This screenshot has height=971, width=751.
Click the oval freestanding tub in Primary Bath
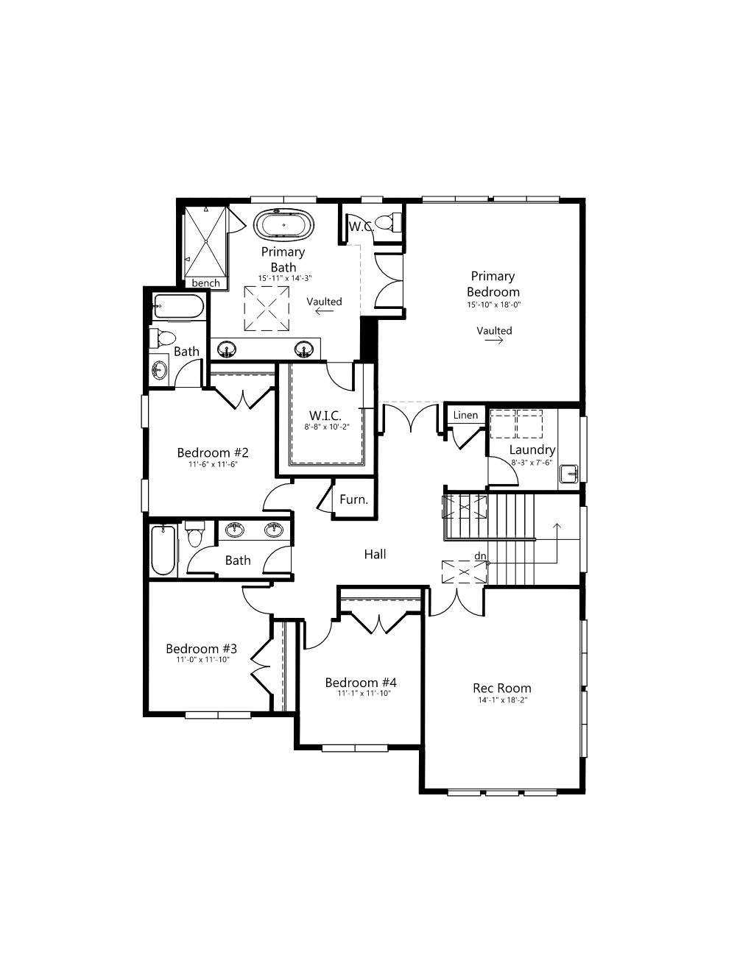click(x=283, y=224)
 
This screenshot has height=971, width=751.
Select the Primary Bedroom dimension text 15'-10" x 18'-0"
click(x=494, y=305)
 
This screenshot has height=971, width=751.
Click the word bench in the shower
click(x=205, y=283)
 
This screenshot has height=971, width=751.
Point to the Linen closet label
click(x=465, y=415)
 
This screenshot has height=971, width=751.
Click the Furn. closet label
click(x=354, y=499)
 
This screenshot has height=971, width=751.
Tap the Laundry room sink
click(x=569, y=472)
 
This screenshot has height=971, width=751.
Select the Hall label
click(x=375, y=554)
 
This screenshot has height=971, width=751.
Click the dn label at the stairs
click(x=480, y=555)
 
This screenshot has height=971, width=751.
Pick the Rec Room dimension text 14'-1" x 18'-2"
click(x=503, y=700)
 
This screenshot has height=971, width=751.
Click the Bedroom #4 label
click(x=361, y=683)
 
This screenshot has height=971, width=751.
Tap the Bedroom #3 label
click(x=201, y=648)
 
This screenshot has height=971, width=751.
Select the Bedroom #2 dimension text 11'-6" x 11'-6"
click(x=213, y=464)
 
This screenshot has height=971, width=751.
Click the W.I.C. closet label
click(x=325, y=416)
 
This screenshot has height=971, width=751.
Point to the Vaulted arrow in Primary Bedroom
click(x=494, y=340)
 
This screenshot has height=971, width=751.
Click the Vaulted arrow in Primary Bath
click(x=324, y=311)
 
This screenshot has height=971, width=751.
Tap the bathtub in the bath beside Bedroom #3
click(x=163, y=551)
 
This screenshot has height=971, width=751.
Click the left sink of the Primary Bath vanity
click(x=228, y=349)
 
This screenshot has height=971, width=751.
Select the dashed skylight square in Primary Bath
click(x=267, y=308)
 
